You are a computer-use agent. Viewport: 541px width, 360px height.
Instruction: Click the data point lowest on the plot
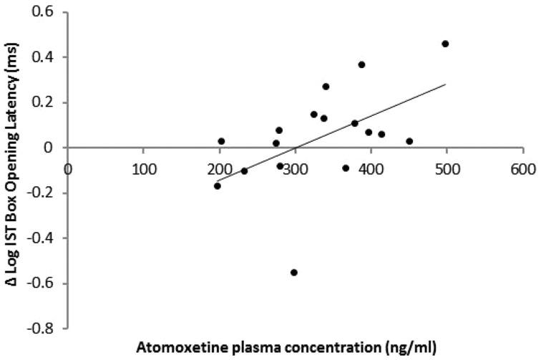[x=293, y=272]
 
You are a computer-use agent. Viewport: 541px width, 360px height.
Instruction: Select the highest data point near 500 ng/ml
[x=445, y=44]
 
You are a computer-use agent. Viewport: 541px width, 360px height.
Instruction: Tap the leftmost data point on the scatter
[x=217, y=186]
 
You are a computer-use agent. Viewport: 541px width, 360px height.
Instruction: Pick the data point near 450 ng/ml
[x=409, y=141]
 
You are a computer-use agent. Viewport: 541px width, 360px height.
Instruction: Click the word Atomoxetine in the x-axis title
[x=211, y=349]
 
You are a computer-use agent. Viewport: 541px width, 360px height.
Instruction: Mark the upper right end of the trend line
[x=446, y=84]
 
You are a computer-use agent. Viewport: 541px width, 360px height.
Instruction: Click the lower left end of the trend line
[x=217, y=182]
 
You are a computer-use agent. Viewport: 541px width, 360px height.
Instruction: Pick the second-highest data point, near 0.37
[x=361, y=64]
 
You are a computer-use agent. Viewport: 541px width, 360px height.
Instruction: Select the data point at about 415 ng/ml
[x=381, y=134]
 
